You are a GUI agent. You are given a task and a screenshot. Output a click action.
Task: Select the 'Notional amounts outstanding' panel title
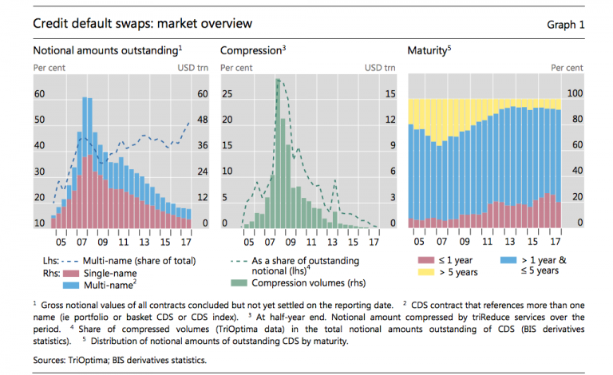(106, 51)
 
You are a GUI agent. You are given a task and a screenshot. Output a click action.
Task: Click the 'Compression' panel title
(251, 51)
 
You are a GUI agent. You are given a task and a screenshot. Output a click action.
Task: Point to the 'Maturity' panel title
(428, 51)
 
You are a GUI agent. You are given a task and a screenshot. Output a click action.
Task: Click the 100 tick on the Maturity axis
(575, 94)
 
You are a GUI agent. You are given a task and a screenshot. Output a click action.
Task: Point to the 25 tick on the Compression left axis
(226, 94)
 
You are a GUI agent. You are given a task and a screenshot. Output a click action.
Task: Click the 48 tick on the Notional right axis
(203, 120)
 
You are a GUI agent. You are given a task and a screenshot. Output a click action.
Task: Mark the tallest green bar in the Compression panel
(278, 152)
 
